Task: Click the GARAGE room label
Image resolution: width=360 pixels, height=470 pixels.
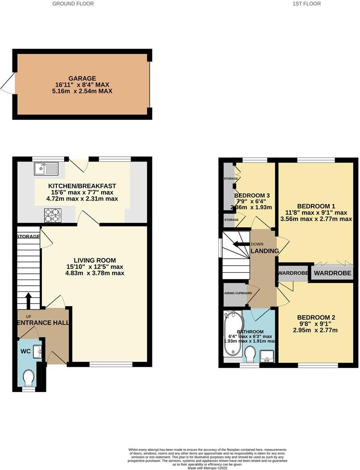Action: (82, 78)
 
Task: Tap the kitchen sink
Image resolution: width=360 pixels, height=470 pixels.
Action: (45, 168)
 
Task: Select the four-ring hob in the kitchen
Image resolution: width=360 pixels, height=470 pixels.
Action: (51, 215)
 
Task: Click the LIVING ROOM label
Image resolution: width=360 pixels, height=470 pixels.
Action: (94, 260)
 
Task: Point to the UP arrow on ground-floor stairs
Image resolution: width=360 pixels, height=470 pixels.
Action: (28, 300)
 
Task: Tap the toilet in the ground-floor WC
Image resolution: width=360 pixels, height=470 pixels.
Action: (29, 378)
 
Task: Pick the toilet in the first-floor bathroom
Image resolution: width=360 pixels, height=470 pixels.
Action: (251, 355)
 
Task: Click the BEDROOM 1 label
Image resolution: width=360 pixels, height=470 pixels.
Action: (316, 206)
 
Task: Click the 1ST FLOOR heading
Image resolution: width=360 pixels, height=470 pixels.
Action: (306, 4)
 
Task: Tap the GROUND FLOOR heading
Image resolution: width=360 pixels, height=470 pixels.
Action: (73, 4)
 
